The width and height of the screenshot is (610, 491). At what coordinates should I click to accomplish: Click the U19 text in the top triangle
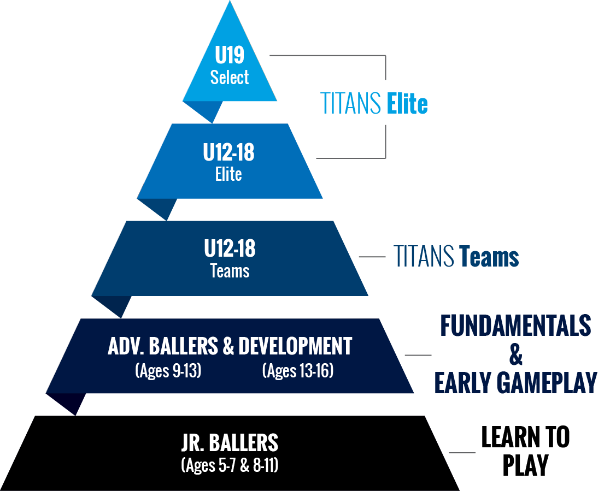point(230,55)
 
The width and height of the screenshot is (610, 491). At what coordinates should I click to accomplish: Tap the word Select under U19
point(230,77)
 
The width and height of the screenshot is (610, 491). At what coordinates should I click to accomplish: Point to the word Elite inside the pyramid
point(228,174)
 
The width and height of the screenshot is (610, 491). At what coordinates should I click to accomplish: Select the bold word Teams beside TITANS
point(489,257)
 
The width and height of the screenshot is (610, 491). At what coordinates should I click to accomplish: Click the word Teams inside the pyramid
point(230,271)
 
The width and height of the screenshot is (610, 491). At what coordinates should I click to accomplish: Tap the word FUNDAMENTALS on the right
point(516,326)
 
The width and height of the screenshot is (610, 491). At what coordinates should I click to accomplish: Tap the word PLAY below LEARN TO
point(526,465)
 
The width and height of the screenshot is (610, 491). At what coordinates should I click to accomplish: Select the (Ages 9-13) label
point(168,370)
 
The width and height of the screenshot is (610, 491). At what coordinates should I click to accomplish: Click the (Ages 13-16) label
point(298,370)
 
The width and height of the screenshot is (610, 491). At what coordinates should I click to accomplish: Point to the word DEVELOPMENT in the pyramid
point(295,346)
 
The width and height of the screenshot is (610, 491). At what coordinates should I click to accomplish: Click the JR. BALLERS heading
point(230,443)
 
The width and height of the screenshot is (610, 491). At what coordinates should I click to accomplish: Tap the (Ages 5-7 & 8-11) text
point(230,465)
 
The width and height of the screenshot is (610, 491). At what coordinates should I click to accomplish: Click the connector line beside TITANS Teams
point(372,257)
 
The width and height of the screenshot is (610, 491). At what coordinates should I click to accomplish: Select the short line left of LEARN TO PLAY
point(462,453)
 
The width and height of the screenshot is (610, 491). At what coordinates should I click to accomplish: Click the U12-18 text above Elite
point(228,152)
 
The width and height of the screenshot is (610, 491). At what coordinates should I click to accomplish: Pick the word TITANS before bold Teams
point(424,257)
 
